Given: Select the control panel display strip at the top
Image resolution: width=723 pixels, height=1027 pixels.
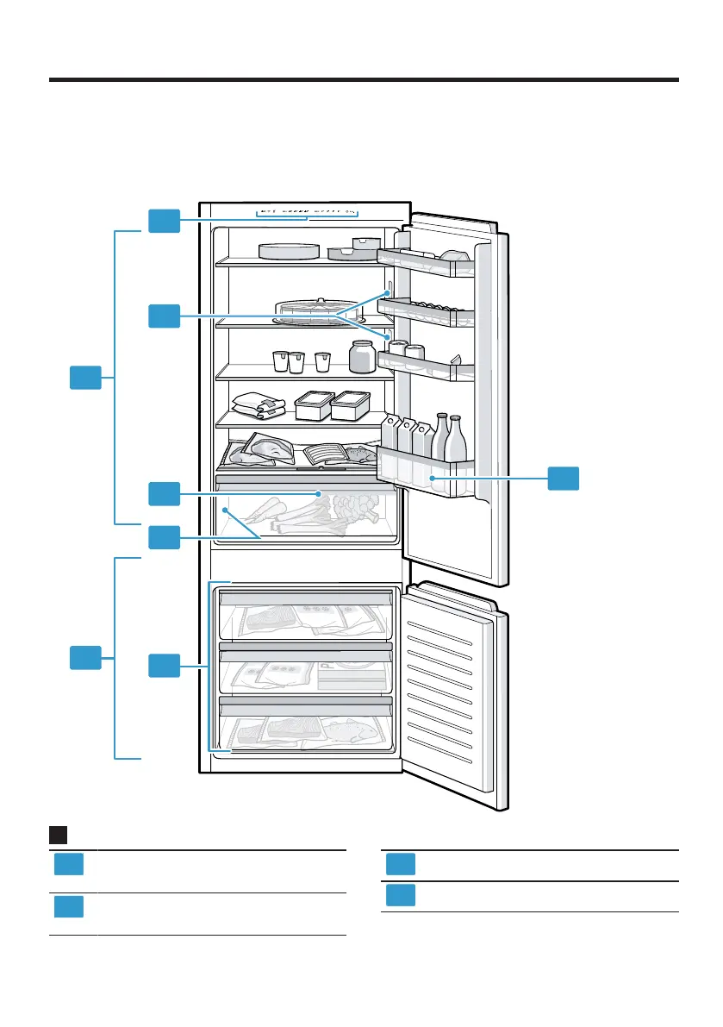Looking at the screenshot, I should pyautogui.click(x=307, y=211).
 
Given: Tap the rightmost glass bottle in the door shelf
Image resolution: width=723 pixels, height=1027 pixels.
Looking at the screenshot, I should pyautogui.click(x=455, y=441).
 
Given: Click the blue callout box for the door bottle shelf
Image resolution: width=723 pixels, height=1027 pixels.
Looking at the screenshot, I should pyautogui.click(x=564, y=479).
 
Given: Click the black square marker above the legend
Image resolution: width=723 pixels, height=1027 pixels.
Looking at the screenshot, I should pyautogui.click(x=58, y=835).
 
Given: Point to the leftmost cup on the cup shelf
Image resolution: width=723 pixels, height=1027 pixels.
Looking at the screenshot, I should pyautogui.click(x=280, y=361).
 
